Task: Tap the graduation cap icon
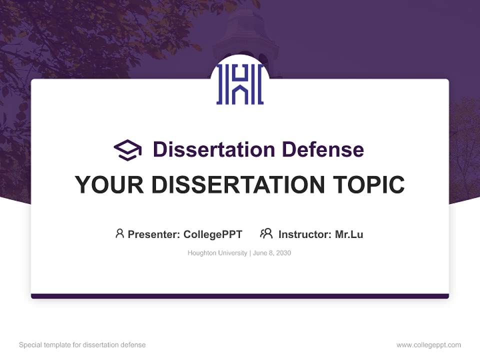click(127, 149)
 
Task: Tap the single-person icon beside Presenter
click(119, 233)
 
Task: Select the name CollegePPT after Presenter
click(212, 234)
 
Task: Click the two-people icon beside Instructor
click(266, 233)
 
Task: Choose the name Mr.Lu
click(349, 234)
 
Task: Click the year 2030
click(283, 253)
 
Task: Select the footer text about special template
click(82, 345)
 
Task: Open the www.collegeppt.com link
click(428, 345)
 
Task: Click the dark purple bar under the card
click(240, 296)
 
